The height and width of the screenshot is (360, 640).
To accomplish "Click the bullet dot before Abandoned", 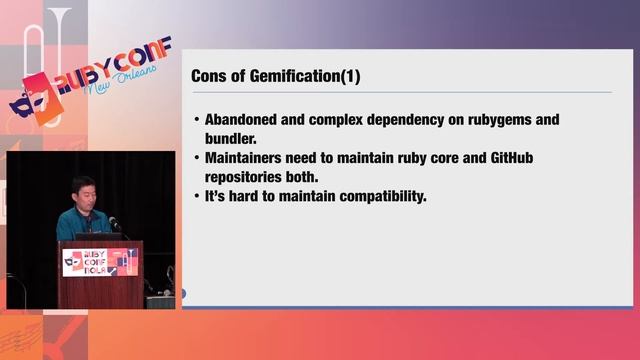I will [196, 120].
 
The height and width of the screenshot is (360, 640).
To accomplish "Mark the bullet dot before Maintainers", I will [196, 158].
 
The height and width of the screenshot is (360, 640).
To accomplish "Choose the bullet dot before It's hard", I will [196, 197].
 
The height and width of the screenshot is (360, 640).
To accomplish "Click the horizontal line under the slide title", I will [400, 92].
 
